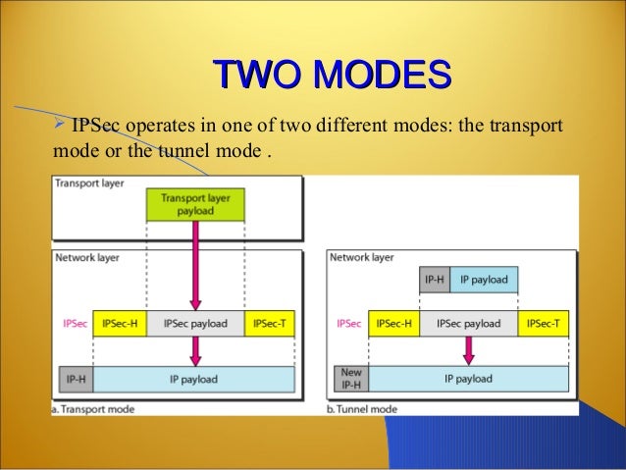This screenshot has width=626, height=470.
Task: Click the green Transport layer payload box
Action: point(195,203)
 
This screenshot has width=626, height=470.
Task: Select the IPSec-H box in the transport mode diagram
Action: point(120,323)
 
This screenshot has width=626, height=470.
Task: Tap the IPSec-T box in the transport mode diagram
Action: point(272,323)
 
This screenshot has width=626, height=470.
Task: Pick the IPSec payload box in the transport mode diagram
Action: point(195,323)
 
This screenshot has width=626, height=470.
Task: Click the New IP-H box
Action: point(350,379)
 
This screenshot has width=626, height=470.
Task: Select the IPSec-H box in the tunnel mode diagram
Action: point(394,323)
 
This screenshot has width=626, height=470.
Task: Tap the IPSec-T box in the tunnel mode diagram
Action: point(544,323)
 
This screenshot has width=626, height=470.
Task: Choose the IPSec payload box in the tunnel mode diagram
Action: point(469,323)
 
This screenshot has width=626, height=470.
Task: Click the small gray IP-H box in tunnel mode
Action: point(435,280)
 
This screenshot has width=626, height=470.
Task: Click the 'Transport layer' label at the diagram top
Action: point(89,183)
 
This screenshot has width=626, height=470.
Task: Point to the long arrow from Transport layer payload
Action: point(195,265)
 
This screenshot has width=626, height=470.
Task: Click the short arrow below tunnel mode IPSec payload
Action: point(469,348)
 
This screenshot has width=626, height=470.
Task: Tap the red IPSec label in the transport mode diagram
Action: point(73,323)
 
